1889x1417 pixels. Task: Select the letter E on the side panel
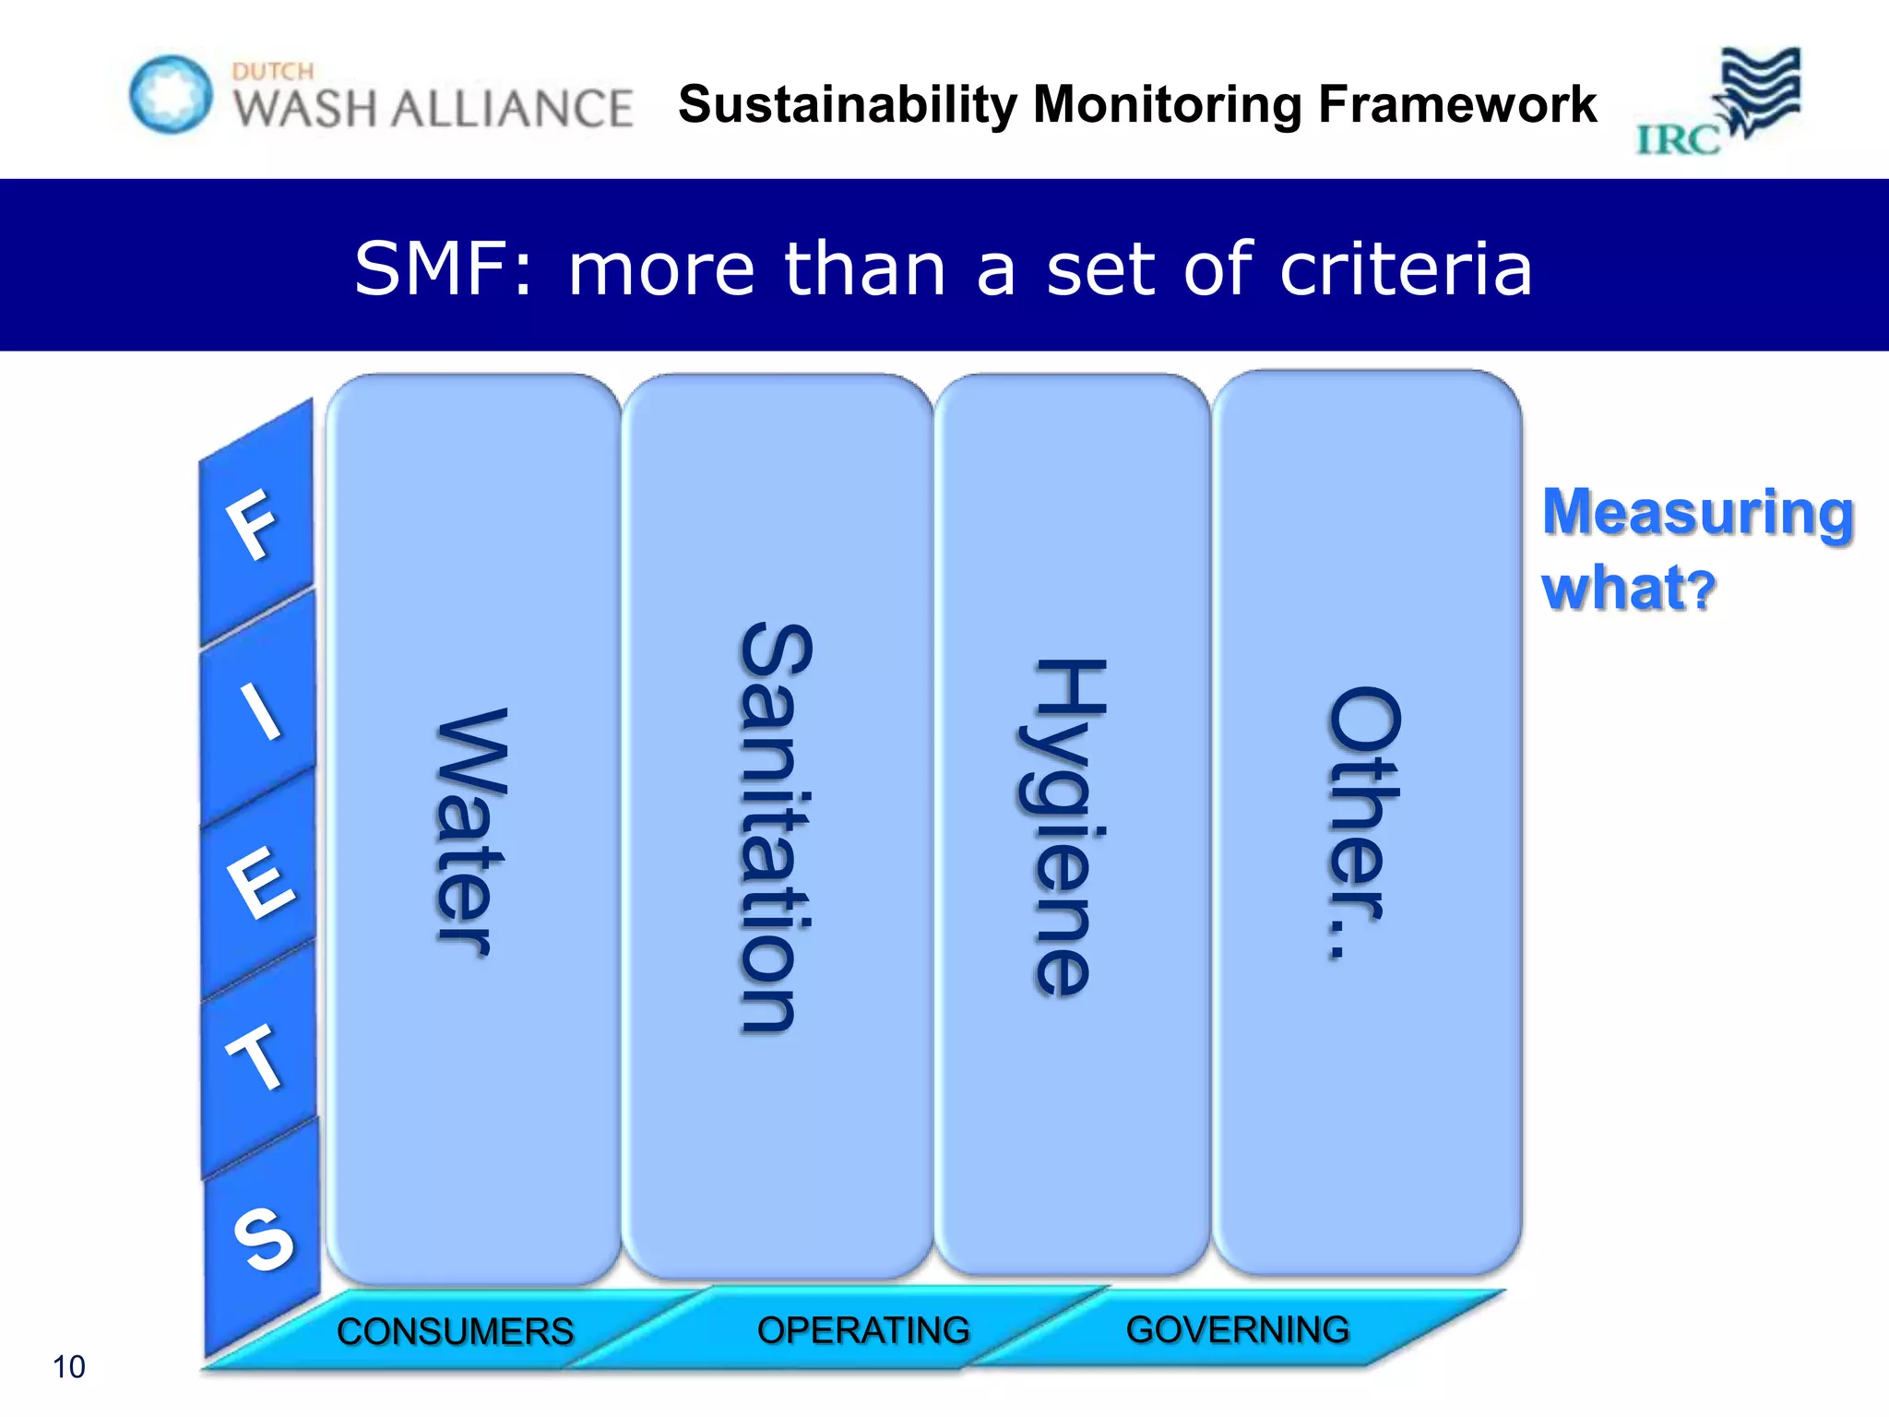261,883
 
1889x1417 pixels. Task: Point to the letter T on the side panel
255,1057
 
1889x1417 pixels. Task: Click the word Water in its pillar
470,833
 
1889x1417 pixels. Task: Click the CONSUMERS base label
455,1331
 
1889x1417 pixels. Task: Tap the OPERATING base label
863,1330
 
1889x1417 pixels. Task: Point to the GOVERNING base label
1238,1329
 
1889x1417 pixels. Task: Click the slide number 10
68,1366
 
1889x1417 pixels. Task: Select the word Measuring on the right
1697,512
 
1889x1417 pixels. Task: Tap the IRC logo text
1678,140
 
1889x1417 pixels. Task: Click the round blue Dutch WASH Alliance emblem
171,94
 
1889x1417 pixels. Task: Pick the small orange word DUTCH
273,71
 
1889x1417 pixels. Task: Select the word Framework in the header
1457,104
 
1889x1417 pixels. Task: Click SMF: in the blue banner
444,268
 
